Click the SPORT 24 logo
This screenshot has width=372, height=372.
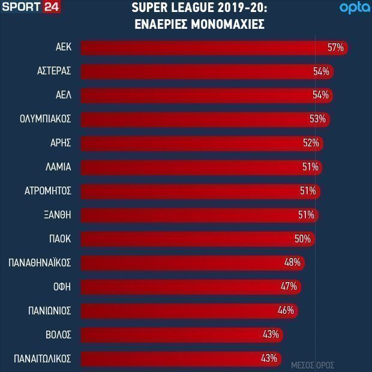tap(31, 7)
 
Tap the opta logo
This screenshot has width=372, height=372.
tap(355, 8)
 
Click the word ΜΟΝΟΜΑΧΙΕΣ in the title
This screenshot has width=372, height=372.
tap(228, 24)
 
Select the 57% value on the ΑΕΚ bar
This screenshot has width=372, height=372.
tap(335, 47)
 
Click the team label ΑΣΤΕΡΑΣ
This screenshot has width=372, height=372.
tap(54, 71)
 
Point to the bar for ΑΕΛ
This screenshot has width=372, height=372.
tap(207, 95)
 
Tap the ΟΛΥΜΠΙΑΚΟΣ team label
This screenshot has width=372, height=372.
tap(46, 119)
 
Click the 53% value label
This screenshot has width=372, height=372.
tap(317, 119)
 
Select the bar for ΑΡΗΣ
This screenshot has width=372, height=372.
tap(202, 143)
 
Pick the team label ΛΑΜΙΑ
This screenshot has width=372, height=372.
tap(58, 167)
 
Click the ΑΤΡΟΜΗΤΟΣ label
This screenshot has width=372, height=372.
tap(48, 191)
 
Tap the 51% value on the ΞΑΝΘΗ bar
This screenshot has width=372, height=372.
tap(306, 215)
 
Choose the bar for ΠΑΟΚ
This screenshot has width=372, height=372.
tap(198, 239)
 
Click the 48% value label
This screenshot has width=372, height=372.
tap(292, 263)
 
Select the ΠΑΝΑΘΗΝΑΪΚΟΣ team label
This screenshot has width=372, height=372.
tap(40, 263)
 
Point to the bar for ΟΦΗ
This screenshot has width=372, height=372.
tap(191, 287)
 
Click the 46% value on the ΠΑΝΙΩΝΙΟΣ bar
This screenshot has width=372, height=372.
tap(286, 311)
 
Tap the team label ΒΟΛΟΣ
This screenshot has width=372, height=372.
tap(58, 335)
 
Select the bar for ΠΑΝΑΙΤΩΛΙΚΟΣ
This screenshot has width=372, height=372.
tap(181, 359)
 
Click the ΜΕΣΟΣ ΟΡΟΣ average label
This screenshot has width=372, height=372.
tap(313, 365)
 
